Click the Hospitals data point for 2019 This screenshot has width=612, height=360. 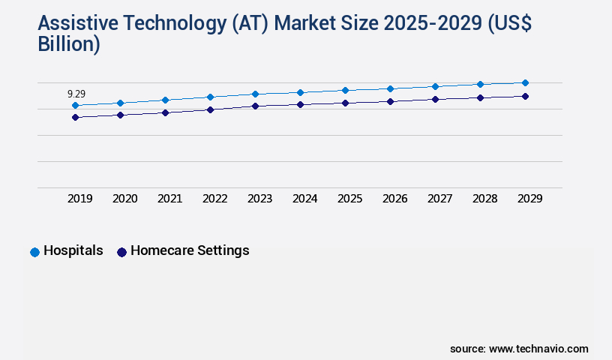pyautogui.click(x=75, y=106)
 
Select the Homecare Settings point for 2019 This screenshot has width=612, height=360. pyautogui.click(x=75, y=117)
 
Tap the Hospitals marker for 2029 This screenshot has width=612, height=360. pyautogui.click(x=525, y=82)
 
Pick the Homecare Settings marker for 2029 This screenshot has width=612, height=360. pyautogui.click(x=525, y=96)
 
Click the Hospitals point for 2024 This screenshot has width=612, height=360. pyautogui.click(x=300, y=92)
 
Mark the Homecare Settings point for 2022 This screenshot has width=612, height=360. pyautogui.click(x=210, y=109)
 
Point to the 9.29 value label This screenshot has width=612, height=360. pyautogui.click(x=76, y=94)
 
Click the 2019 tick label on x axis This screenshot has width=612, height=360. pyautogui.click(x=80, y=199)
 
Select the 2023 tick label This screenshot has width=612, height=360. pyautogui.click(x=260, y=199)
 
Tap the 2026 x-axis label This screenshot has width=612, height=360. pyautogui.click(x=395, y=199)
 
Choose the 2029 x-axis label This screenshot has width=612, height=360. pyautogui.click(x=530, y=199)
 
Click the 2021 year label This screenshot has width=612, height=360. pyautogui.click(x=170, y=199)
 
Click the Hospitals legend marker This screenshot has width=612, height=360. pyautogui.click(x=34, y=252)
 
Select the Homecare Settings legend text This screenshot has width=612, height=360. pyautogui.click(x=190, y=251)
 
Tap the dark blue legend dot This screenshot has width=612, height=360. pyautogui.click(x=121, y=252)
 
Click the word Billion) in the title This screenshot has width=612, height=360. pyautogui.click(x=68, y=45)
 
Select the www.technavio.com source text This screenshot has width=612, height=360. pyautogui.click(x=538, y=349)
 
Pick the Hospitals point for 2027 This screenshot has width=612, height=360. pyautogui.click(x=435, y=86)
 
